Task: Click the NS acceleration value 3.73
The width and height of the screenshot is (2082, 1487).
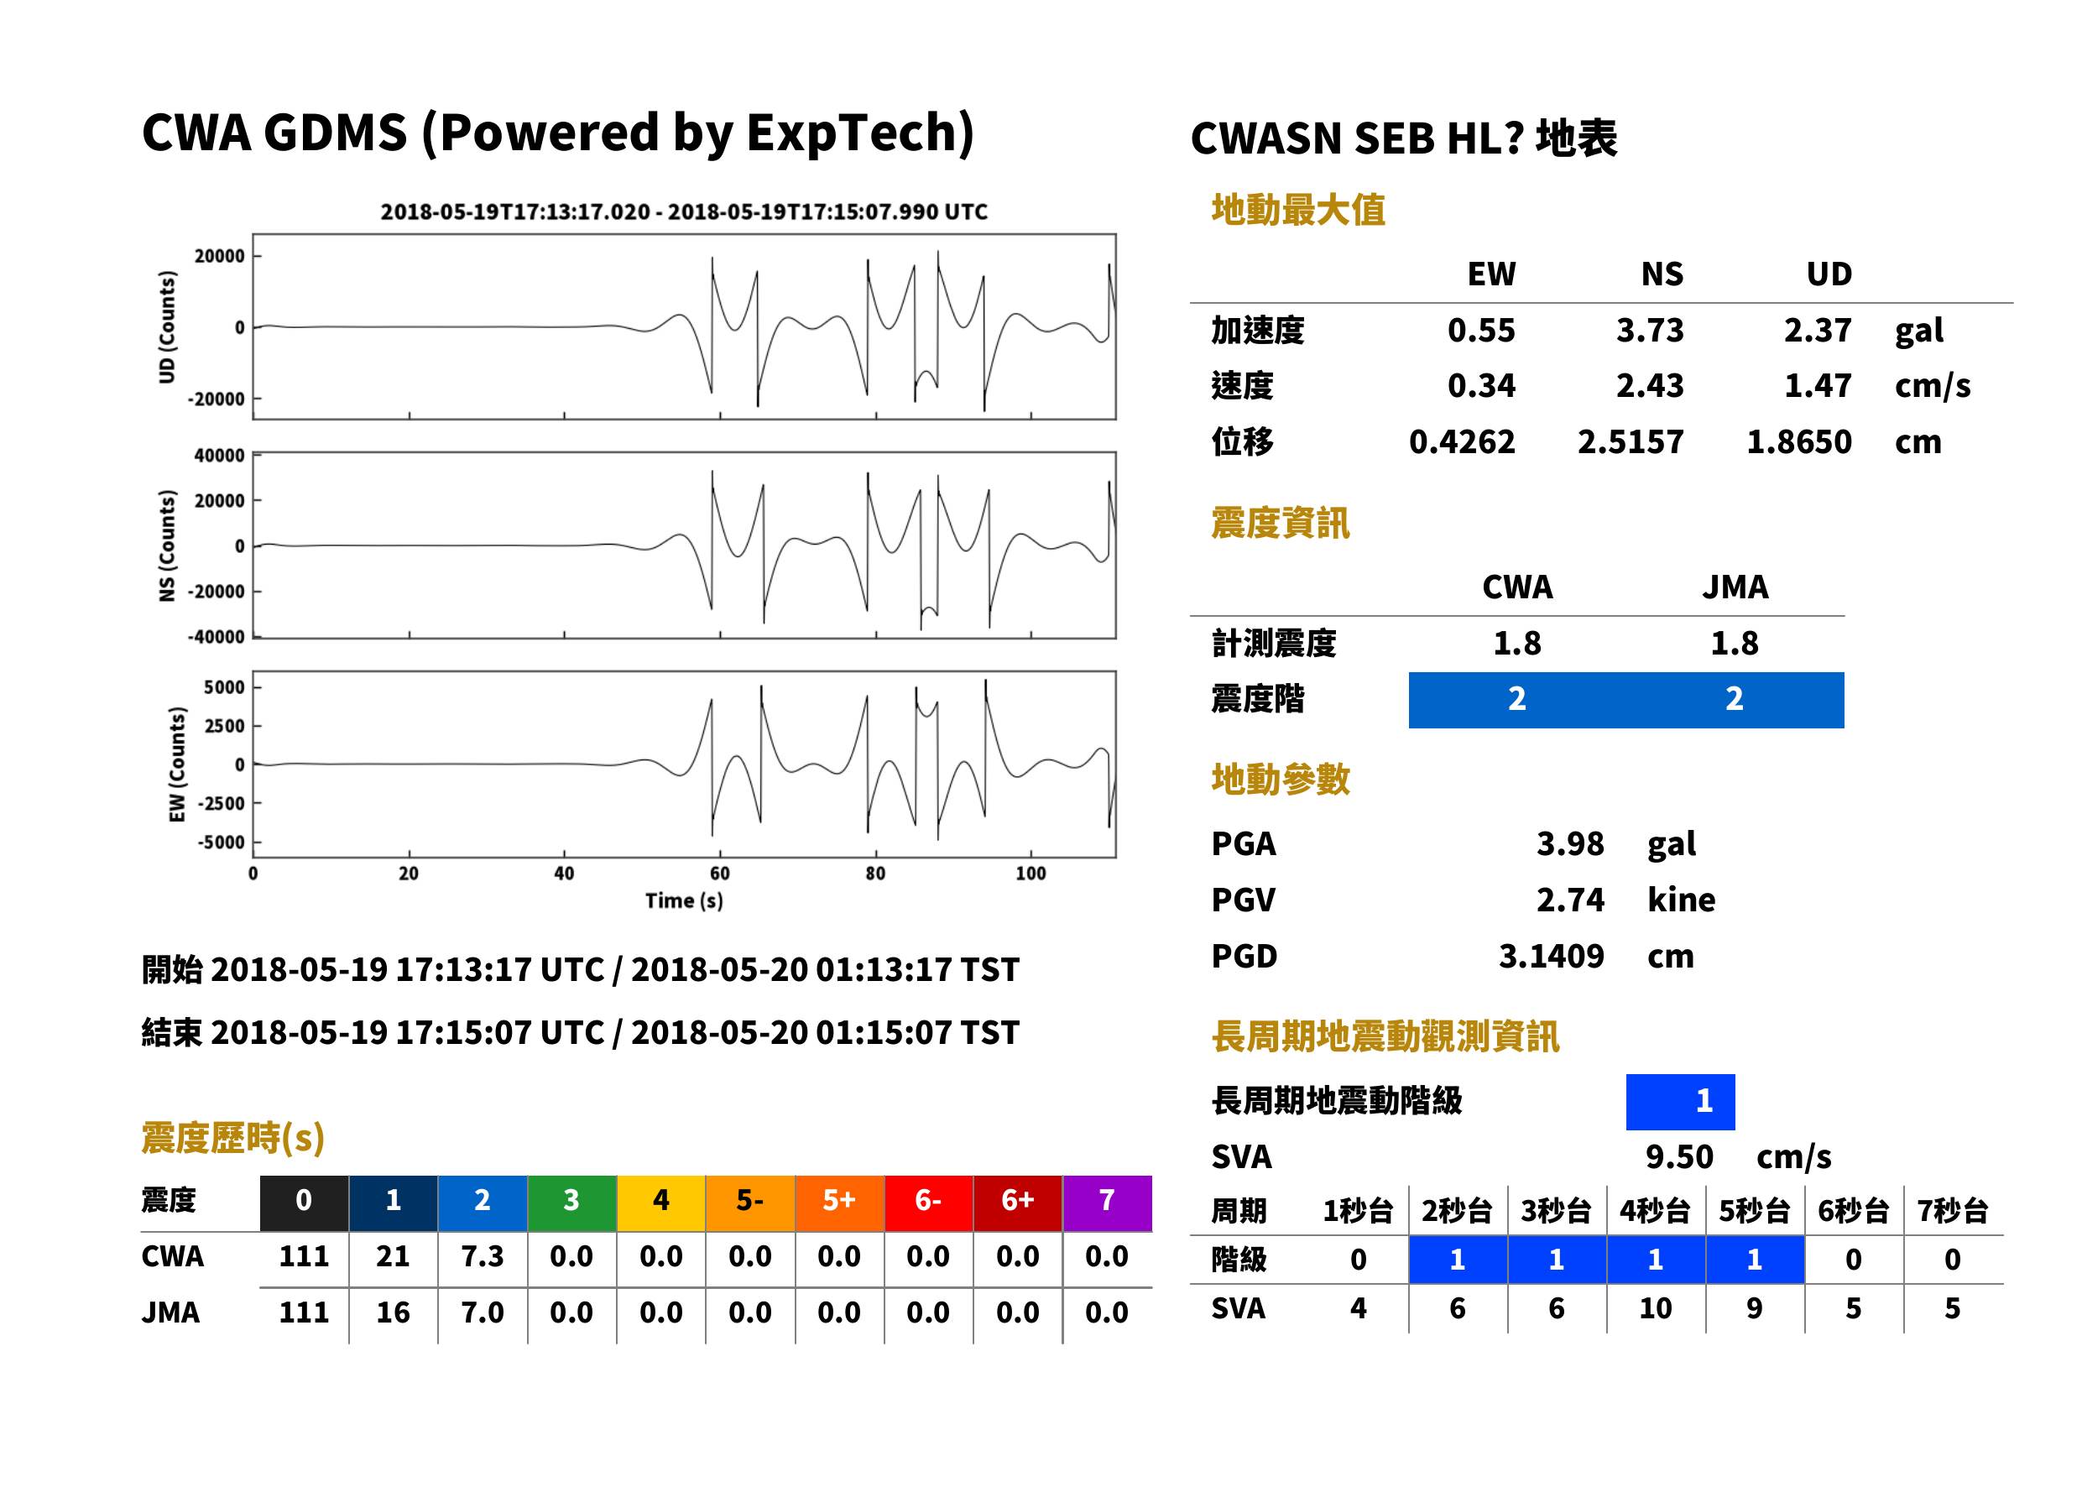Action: point(1649,330)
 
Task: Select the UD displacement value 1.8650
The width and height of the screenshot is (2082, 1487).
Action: point(1798,441)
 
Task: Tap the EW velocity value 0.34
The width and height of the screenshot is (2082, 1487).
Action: point(1480,385)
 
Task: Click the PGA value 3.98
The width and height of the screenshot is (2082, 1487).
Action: point(1569,843)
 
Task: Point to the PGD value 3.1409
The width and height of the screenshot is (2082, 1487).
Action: point(1551,956)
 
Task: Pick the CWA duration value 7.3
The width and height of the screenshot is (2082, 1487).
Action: point(483,1256)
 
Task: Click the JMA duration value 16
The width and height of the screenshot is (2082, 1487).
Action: point(393,1312)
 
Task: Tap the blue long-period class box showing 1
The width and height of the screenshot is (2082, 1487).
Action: point(1680,1102)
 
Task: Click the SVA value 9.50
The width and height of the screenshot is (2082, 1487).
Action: point(1678,1156)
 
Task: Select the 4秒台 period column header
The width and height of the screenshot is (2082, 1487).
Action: point(1654,1210)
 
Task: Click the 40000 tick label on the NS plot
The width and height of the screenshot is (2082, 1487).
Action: point(219,455)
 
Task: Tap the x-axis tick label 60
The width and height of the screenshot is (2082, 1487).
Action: point(720,874)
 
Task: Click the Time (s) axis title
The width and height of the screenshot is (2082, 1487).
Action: point(684,901)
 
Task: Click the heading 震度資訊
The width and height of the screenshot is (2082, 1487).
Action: point(1280,523)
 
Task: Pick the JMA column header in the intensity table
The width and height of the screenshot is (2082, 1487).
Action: point(1735,587)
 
